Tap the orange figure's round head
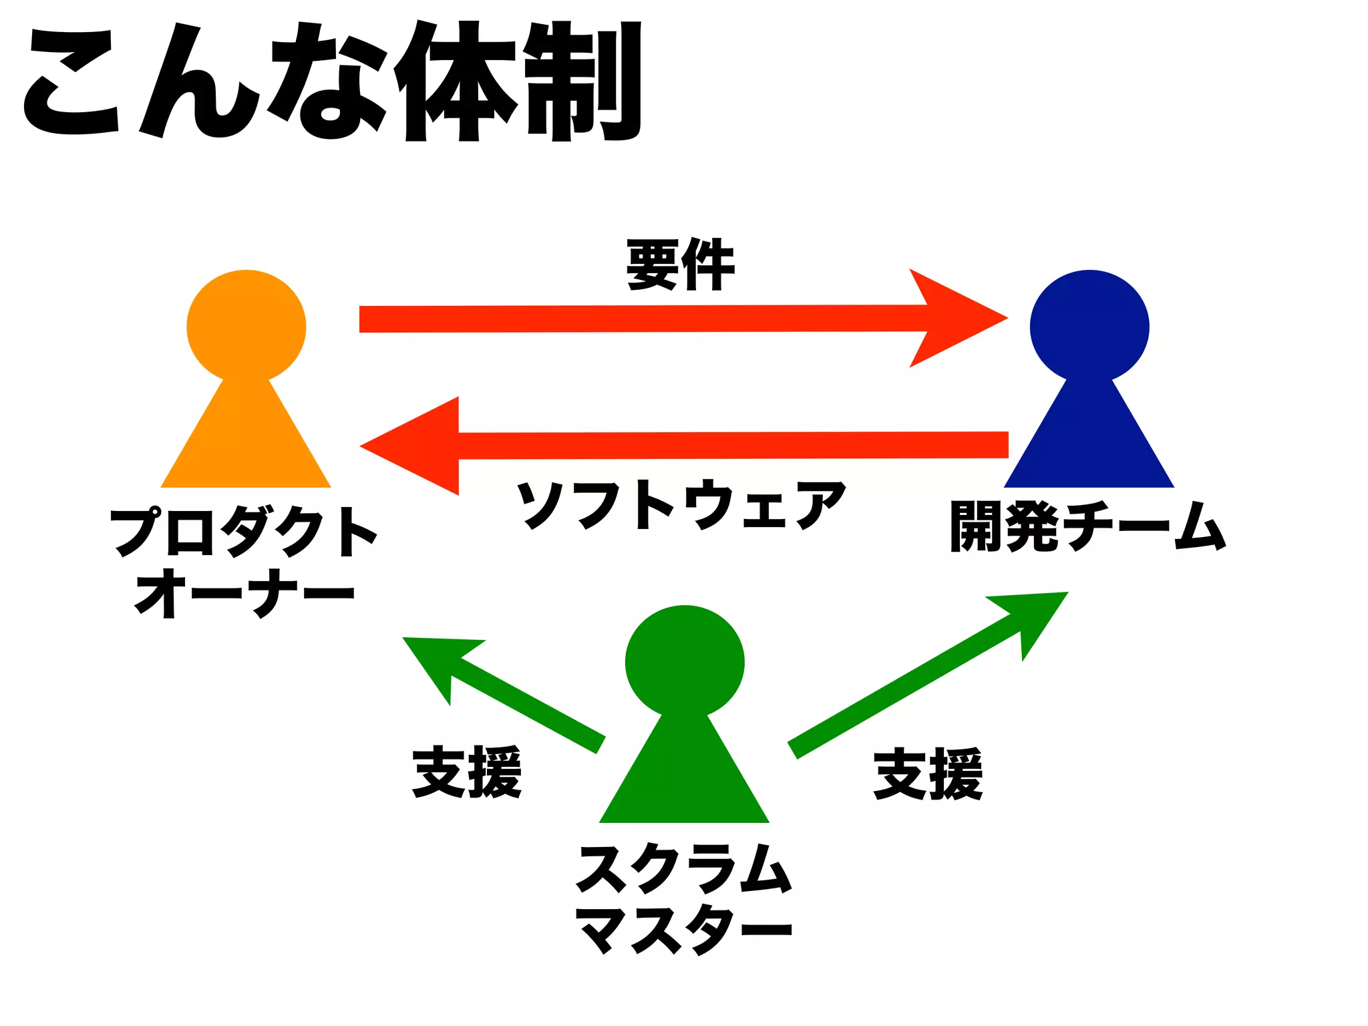(246, 327)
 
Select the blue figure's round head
(1089, 327)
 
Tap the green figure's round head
(685, 661)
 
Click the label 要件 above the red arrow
(681, 265)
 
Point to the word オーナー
(244, 593)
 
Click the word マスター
(684, 929)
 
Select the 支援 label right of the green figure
(928, 774)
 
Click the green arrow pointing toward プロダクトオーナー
(508, 695)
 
